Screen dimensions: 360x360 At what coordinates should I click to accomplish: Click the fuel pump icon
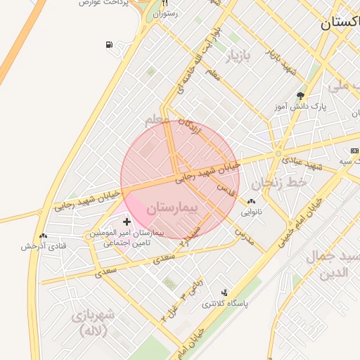pos(109,46)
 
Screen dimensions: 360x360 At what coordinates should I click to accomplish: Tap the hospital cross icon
pos(127,221)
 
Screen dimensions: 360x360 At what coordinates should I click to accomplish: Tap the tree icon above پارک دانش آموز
pos(302,96)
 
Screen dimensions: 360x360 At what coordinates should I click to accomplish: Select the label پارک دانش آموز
pos(300,107)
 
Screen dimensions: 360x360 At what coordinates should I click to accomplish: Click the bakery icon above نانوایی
pos(252,201)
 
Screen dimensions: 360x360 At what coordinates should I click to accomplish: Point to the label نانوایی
pos(252,211)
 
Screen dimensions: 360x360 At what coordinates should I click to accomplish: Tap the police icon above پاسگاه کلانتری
pos(224,292)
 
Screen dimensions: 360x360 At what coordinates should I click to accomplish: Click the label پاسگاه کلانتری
pos(224,304)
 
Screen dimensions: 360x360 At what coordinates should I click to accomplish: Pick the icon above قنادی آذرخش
pos(44,236)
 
